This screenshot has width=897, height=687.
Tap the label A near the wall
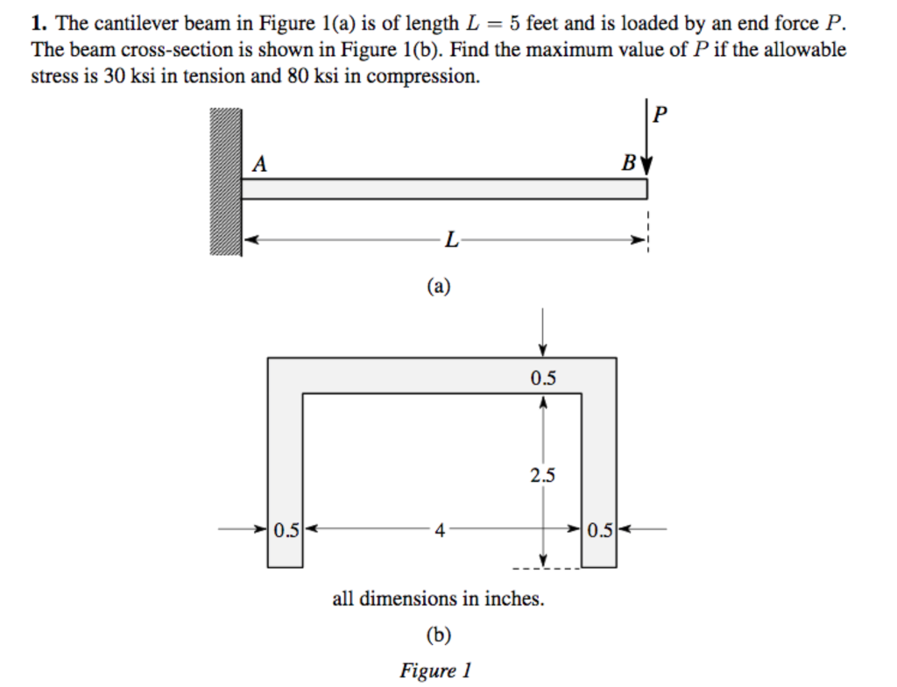pyautogui.click(x=259, y=164)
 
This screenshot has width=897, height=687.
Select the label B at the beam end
pyautogui.click(x=628, y=164)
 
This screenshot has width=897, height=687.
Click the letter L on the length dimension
pyautogui.click(x=450, y=239)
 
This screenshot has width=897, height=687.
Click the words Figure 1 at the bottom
pyautogui.click(x=436, y=671)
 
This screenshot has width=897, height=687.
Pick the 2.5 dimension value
pyautogui.click(x=542, y=476)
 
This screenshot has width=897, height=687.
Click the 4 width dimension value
pyautogui.click(x=441, y=529)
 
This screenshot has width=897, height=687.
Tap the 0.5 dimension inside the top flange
pyautogui.click(x=543, y=379)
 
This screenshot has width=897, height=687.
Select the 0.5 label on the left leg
pyautogui.click(x=286, y=529)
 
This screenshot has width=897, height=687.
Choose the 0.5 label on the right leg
pyautogui.click(x=600, y=529)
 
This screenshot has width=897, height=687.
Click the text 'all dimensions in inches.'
pyautogui.click(x=438, y=600)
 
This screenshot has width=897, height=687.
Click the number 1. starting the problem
pyautogui.click(x=39, y=24)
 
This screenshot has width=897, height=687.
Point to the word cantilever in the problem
pyautogui.click(x=127, y=24)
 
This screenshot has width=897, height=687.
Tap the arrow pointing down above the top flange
pyautogui.click(x=544, y=332)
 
